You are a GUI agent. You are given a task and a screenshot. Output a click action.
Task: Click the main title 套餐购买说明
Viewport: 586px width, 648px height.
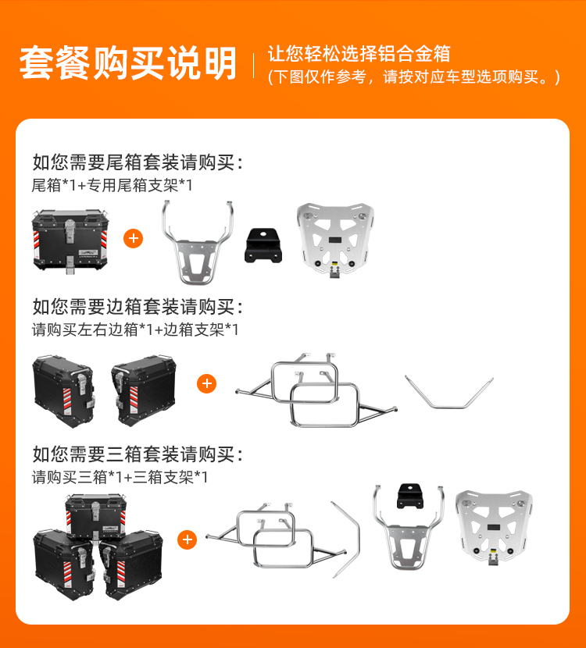coord(128,63)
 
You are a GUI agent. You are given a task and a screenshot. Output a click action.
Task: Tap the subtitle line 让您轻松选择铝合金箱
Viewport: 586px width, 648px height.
coord(359,54)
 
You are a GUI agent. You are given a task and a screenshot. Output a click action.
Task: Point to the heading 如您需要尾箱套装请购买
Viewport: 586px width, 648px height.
coord(134,162)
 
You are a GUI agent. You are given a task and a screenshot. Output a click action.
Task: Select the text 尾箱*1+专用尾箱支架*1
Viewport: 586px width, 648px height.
coord(112,185)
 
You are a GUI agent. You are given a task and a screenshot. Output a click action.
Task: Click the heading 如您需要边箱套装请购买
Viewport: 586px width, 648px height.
coord(134,307)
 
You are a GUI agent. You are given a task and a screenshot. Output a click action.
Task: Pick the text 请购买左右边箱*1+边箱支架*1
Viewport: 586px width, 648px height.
coord(135,329)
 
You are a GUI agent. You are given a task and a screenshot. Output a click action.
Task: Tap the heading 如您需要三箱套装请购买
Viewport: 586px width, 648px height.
coord(134,454)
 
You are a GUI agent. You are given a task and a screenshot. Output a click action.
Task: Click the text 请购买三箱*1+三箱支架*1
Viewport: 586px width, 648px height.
coord(120,477)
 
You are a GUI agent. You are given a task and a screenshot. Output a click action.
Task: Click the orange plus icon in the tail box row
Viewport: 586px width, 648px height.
coord(133,238)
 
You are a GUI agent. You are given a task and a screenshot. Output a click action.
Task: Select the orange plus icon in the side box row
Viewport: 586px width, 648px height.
coord(207,384)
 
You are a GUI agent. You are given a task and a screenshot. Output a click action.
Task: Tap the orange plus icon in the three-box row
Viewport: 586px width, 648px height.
coord(187,539)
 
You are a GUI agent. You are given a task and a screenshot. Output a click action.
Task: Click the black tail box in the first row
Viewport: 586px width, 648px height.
coord(70,240)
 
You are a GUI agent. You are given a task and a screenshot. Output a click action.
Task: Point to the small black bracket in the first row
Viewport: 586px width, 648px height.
coord(263,245)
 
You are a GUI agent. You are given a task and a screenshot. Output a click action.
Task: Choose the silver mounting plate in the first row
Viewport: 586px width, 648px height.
coord(335,240)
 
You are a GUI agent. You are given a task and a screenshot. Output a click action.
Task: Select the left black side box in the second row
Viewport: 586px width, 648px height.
coord(63,390)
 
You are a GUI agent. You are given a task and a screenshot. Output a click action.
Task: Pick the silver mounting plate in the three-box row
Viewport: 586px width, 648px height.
coord(494,527)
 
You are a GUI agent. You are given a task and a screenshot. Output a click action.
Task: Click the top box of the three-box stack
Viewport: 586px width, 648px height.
coord(95,518)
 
